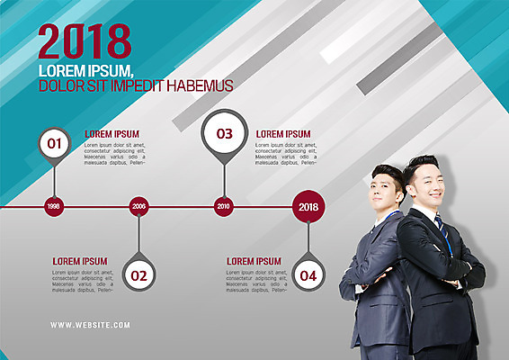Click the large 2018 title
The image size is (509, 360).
pyautogui.click(x=85, y=41)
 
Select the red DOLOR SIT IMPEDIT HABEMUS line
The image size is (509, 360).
pyautogui.click(x=136, y=85)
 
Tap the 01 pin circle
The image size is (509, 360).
pyautogui.click(x=54, y=142)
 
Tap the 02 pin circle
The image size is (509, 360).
pyautogui.click(x=138, y=275)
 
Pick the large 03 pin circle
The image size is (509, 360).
pyautogui.click(x=223, y=133)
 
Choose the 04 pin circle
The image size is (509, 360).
pyautogui.click(x=308, y=275)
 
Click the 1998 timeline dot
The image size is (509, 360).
pyautogui.click(x=54, y=206)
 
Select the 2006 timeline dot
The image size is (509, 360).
pyautogui.click(x=138, y=206)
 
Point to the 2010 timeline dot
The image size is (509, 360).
pyautogui.click(x=223, y=206)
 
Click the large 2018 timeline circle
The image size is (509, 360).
pyautogui.click(x=308, y=206)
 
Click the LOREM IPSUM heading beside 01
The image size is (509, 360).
pyautogui.click(x=112, y=134)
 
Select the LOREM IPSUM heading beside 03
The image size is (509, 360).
pyautogui.click(x=283, y=134)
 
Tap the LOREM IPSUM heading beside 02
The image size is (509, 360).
pyautogui.click(x=79, y=261)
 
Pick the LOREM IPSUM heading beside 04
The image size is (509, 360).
pyautogui.click(x=254, y=261)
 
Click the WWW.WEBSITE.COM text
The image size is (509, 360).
pyautogui.click(x=90, y=325)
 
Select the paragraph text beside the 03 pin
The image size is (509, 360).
pyautogui.click(x=286, y=154)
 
